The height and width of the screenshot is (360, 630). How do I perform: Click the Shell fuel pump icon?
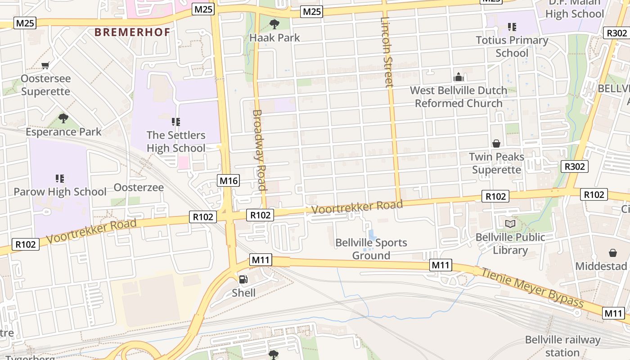243,279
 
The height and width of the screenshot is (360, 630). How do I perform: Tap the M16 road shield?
229,181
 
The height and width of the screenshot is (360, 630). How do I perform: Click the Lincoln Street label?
387,52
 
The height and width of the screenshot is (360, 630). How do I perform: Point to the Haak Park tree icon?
274,24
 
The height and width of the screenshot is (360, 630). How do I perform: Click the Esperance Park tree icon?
63,118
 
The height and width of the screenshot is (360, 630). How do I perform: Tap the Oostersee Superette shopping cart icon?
45,66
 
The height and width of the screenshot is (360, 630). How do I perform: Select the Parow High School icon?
60,179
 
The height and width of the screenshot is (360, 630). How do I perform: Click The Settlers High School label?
176,141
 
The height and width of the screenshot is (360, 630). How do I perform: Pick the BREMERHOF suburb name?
132,32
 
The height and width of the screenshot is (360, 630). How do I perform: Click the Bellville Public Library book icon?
510,224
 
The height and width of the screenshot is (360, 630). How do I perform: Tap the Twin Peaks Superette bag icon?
496,144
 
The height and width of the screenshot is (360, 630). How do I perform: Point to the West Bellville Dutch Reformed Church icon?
459,77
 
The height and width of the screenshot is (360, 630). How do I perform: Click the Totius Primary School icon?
512,27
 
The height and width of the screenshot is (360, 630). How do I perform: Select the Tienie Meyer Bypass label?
532,288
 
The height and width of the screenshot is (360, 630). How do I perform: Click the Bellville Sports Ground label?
371,249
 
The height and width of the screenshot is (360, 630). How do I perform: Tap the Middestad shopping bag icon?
612,253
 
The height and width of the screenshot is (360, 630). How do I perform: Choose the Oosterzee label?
139,187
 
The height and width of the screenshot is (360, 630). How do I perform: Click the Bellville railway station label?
562,346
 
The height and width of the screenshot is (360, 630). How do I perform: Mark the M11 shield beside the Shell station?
261,260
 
